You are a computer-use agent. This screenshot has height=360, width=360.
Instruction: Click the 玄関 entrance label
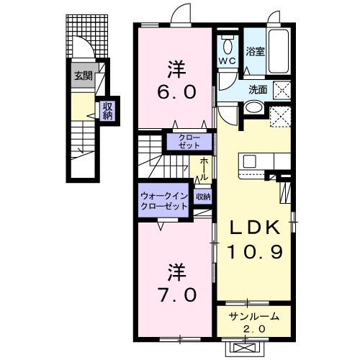[83, 76]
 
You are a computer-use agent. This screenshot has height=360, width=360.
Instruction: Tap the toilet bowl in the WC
[228, 45]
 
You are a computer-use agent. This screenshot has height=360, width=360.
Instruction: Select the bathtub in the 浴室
[279, 51]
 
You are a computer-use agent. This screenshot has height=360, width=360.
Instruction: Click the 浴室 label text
[255, 51]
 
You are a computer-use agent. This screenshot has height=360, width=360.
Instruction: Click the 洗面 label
[258, 90]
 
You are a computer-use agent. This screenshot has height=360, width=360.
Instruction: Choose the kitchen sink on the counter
[249, 161]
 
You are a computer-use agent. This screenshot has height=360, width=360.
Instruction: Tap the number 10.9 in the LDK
[255, 252]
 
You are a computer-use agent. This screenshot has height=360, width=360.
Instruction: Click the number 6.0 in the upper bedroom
[176, 92]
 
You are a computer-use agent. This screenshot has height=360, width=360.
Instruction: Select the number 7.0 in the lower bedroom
[176, 295]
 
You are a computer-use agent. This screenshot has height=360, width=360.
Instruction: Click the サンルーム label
[253, 317]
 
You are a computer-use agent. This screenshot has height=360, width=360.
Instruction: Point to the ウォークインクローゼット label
[164, 201]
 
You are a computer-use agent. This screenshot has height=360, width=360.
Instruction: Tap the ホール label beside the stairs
[204, 169]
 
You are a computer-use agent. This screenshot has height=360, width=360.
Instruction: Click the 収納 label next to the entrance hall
[108, 111]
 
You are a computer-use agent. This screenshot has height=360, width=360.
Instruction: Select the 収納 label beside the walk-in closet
[203, 197]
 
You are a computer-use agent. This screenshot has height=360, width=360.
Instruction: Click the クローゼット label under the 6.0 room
[189, 141]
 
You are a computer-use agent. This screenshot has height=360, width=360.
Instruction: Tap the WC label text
[227, 61]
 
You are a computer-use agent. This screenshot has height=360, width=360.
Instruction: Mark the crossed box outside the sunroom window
[245, 348]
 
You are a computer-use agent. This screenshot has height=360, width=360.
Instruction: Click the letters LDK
[255, 227]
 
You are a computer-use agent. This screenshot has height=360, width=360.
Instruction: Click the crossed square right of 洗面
[282, 90]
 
